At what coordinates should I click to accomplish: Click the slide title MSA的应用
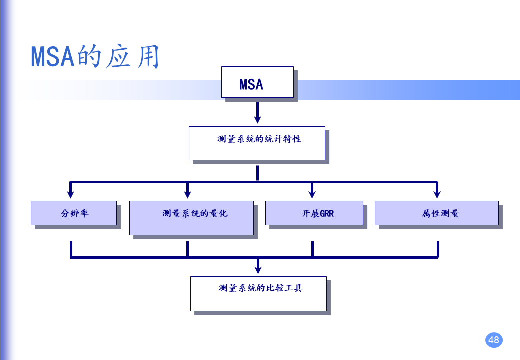[95, 56]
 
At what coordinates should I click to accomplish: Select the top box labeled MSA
[257, 83]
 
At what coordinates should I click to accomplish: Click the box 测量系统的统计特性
[257, 143]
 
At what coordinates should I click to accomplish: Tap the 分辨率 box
[74, 213]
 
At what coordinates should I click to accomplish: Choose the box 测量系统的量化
[191, 218]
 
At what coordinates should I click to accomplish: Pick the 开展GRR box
[314, 213]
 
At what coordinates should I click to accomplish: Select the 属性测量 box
[436, 213]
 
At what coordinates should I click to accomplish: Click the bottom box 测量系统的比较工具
[258, 294]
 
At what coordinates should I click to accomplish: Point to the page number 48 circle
[493, 340]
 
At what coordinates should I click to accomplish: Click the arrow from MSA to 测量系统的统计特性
[257, 112]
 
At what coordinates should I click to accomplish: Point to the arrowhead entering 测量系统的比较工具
[258, 269]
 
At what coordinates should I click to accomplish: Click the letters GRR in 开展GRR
[326, 214]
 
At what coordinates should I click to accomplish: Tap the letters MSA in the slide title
[52, 57]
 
